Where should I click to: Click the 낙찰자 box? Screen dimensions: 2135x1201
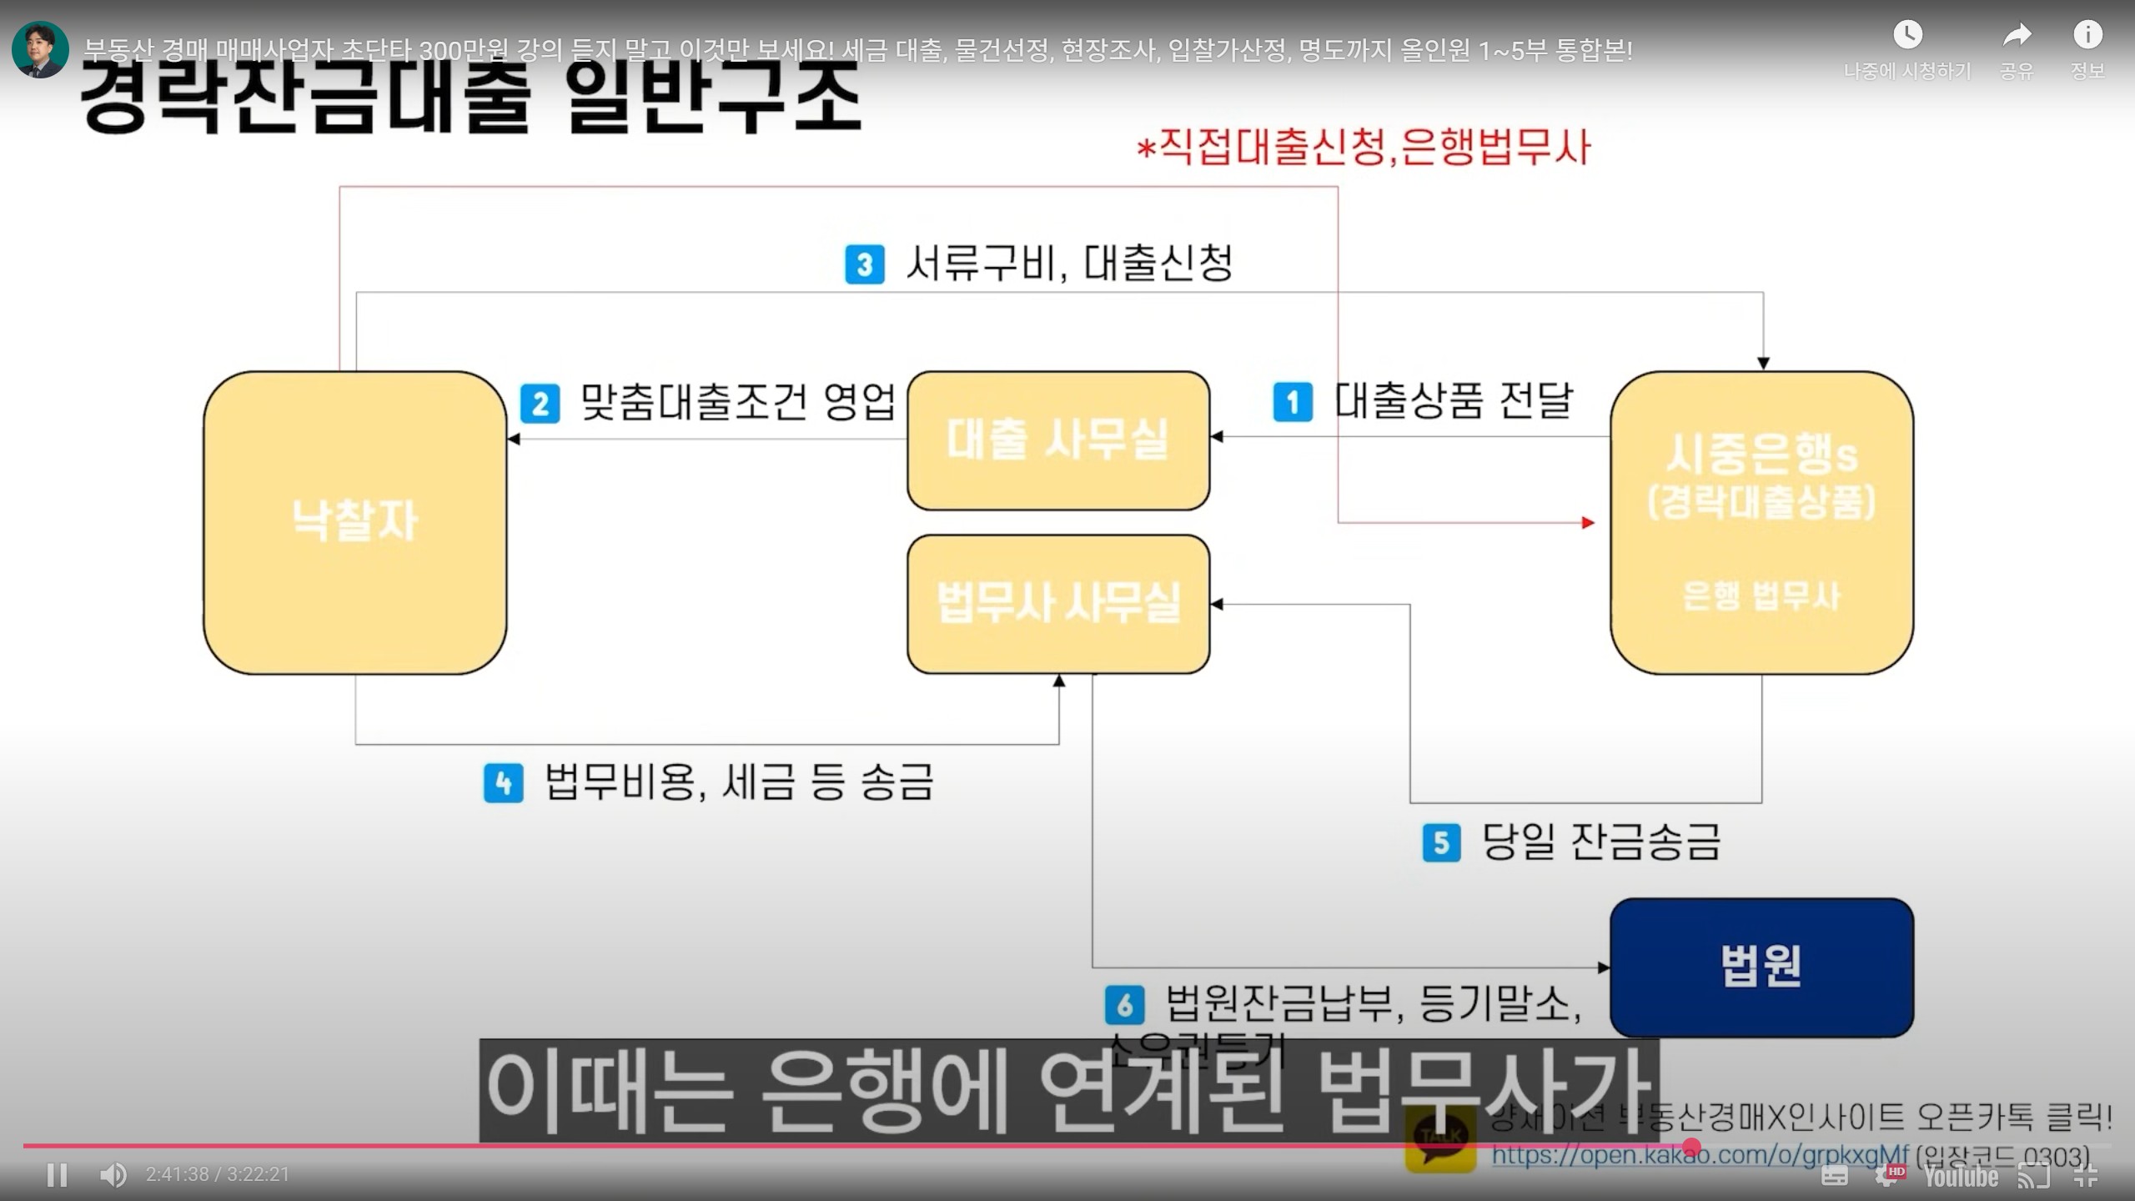click(x=355, y=522)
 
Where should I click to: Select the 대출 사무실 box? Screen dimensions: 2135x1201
click(x=1057, y=440)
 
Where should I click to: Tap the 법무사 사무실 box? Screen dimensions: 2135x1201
click(x=1057, y=603)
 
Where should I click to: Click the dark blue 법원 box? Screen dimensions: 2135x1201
click(x=1761, y=967)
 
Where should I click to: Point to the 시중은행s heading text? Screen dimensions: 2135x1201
click(x=1761, y=455)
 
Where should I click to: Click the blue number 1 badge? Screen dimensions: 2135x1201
click(x=1293, y=402)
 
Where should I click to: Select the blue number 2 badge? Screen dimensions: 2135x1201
click(x=540, y=404)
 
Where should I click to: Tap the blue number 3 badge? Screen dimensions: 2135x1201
click(x=864, y=264)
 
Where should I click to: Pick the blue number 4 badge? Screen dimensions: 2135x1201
click(x=504, y=783)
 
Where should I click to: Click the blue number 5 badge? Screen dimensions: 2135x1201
click(x=1441, y=842)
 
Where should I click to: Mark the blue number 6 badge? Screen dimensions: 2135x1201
click(x=1124, y=1005)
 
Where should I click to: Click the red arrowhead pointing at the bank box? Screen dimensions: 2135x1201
click(x=1588, y=523)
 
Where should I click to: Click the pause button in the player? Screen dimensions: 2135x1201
click(x=58, y=1174)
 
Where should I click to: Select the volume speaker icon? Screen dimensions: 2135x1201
click(x=113, y=1174)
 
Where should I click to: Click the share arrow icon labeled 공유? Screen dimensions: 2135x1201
click(x=2017, y=35)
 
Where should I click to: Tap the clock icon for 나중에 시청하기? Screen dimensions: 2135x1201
click(x=1907, y=35)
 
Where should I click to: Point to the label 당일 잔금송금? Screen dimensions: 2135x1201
click(x=1600, y=842)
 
